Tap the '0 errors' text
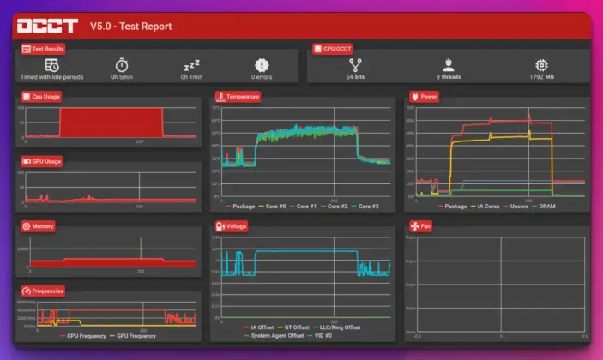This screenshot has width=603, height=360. click(x=262, y=77)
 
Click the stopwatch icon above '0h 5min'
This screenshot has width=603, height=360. click(x=122, y=64)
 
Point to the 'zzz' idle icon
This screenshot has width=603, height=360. click(x=191, y=65)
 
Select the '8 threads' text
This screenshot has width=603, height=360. click(x=448, y=77)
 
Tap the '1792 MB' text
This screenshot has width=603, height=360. click(x=542, y=77)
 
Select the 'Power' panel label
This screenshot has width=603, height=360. click(x=428, y=97)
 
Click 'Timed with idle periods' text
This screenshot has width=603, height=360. click(x=52, y=77)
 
